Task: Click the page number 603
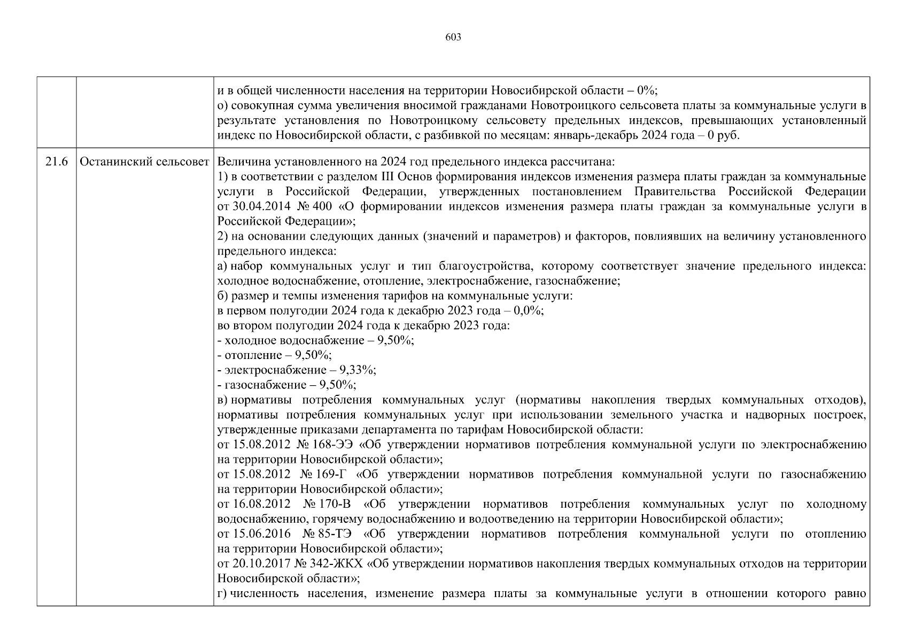tap(453, 37)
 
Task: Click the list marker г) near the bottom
tap(223, 593)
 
